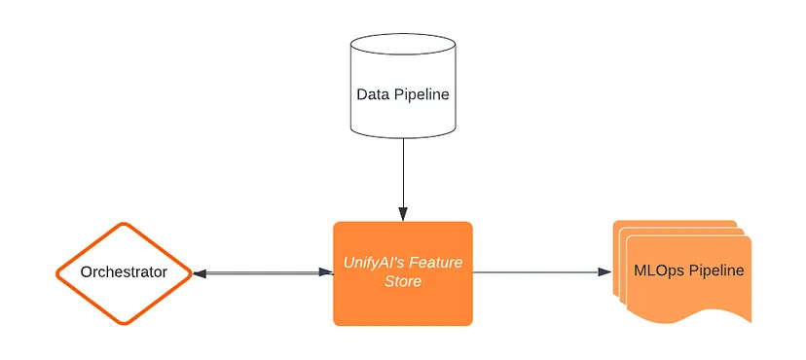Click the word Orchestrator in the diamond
click(123, 272)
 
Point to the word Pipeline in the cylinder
click(421, 94)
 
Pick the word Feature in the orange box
click(436, 263)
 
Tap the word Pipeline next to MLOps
click(715, 270)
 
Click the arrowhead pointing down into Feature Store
click(402, 215)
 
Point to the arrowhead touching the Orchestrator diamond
click(199, 273)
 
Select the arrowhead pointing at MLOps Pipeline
click(604, 272)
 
